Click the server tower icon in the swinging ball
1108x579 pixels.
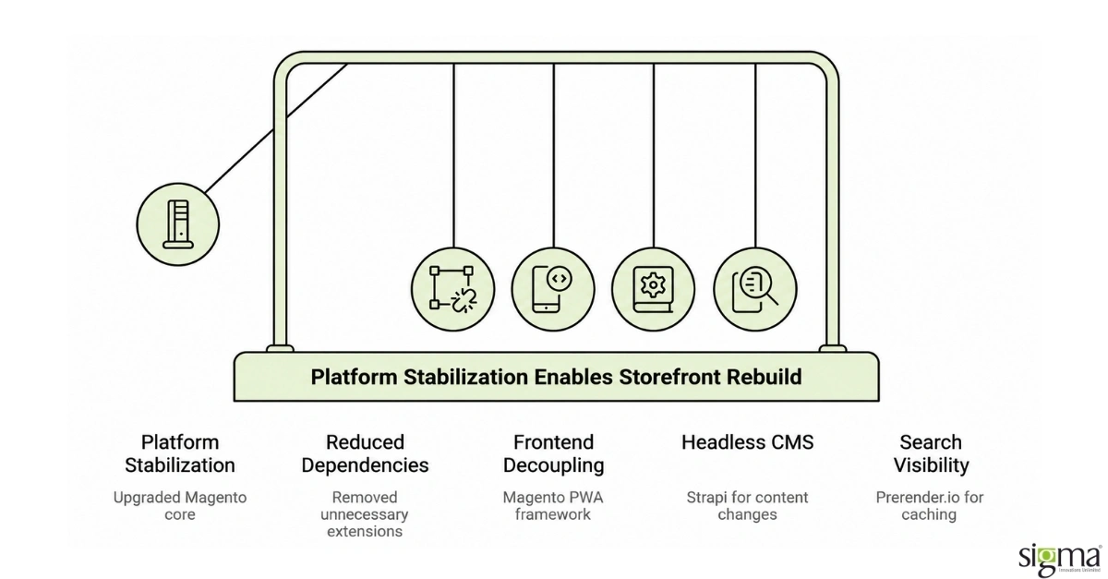[x=178, y=224]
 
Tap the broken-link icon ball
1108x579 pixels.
[x=452, y=290]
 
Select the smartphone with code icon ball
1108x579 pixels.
[x=553, y=290]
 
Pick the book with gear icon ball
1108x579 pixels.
[x=654, y=290]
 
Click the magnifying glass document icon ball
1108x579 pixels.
[x=755, y=290]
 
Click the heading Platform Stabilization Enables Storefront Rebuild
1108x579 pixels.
[x=556, y=377]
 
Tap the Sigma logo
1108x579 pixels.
[x=1060, y=561]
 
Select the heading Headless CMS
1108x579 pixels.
[x=747, y=442]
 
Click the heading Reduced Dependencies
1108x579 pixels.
[x=365, y=453]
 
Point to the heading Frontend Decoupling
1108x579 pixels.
[x=553, y=453]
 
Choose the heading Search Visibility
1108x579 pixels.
[x=931, y=453]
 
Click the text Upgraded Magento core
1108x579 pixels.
[x=180, y=506]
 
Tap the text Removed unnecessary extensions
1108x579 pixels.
[x=365, y=514]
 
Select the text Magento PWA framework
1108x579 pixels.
[x=553, y=506]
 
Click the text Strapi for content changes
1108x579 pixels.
[x=747, y=506]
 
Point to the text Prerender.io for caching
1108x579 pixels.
[x=930, y=506]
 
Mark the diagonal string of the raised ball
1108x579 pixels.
[x=276, y=128]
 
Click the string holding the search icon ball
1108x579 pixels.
[x=755, y=156]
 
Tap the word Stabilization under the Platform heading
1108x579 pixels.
[x=180, y=465]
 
